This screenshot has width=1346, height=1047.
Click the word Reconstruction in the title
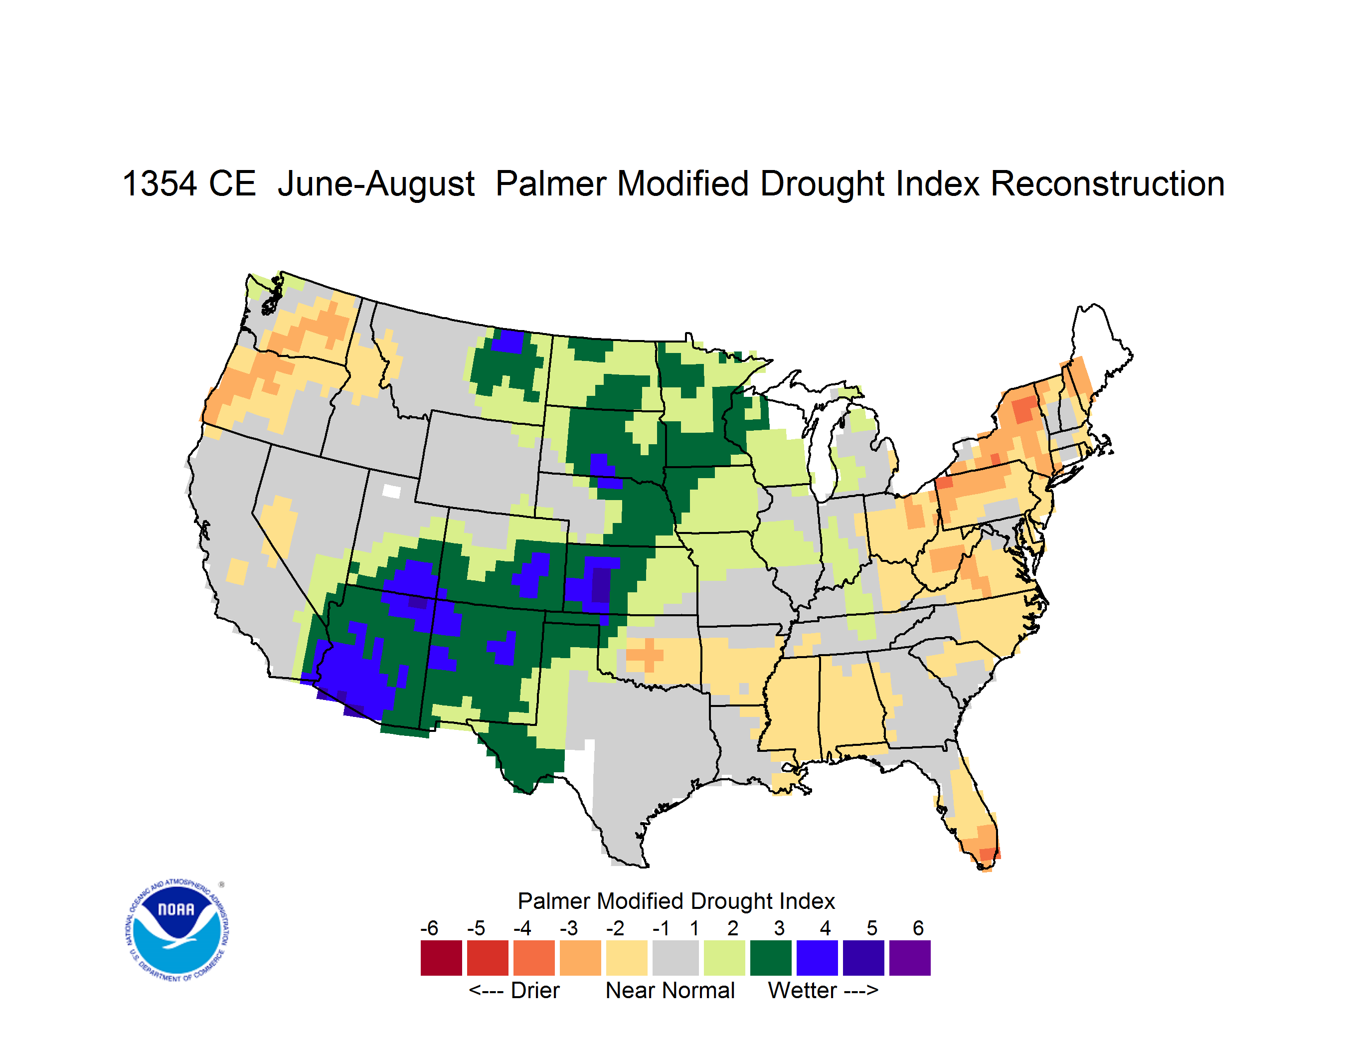(x=1108, y=183)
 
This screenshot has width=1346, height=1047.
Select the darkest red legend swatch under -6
(x=441, y=958)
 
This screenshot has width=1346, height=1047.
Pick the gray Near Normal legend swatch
(x=675, y=958)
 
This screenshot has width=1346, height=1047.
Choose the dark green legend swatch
(x=770, y=958)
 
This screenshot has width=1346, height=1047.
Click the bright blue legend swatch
(x=817, y=958)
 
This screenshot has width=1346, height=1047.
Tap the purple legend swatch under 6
(x=910, y=958)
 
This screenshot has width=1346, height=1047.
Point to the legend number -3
(x=568, y=928)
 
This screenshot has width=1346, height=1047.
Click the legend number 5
(x=871, y=928)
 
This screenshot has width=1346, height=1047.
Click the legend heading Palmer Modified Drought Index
(x=676, y=901)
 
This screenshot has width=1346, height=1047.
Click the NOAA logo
(x=177, y=930)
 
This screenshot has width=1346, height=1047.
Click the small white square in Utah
(x=391, y=491)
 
